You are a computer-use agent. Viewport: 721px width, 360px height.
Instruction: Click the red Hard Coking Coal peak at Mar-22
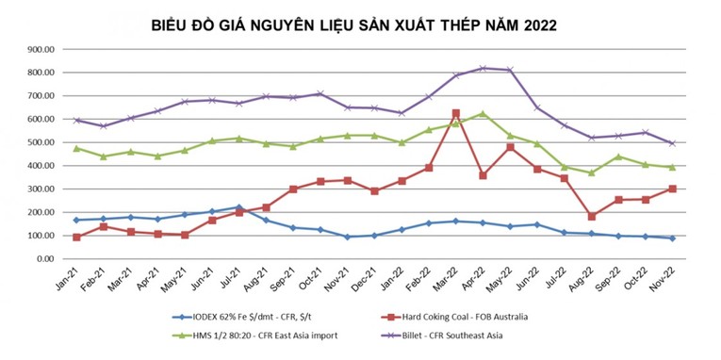[456, 113]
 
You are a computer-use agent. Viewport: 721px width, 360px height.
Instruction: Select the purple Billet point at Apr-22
[483, 68]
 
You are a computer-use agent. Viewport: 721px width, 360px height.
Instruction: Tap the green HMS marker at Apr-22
[483, 114]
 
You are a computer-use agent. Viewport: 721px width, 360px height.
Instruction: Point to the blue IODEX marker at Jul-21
[239, 207]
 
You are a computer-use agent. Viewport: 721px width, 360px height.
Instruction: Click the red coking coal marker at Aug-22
[591, 217]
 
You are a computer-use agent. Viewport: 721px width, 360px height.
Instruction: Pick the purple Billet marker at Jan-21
[76, 120]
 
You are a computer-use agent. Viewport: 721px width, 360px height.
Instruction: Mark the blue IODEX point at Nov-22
[672, 238]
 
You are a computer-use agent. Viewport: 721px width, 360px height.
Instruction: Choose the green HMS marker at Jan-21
[76, 148]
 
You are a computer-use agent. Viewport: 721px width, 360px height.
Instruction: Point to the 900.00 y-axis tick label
[43, 49]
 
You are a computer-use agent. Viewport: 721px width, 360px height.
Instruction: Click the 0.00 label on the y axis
[49, 259]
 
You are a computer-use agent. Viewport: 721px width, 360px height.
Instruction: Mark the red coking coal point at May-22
[510, 147]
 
